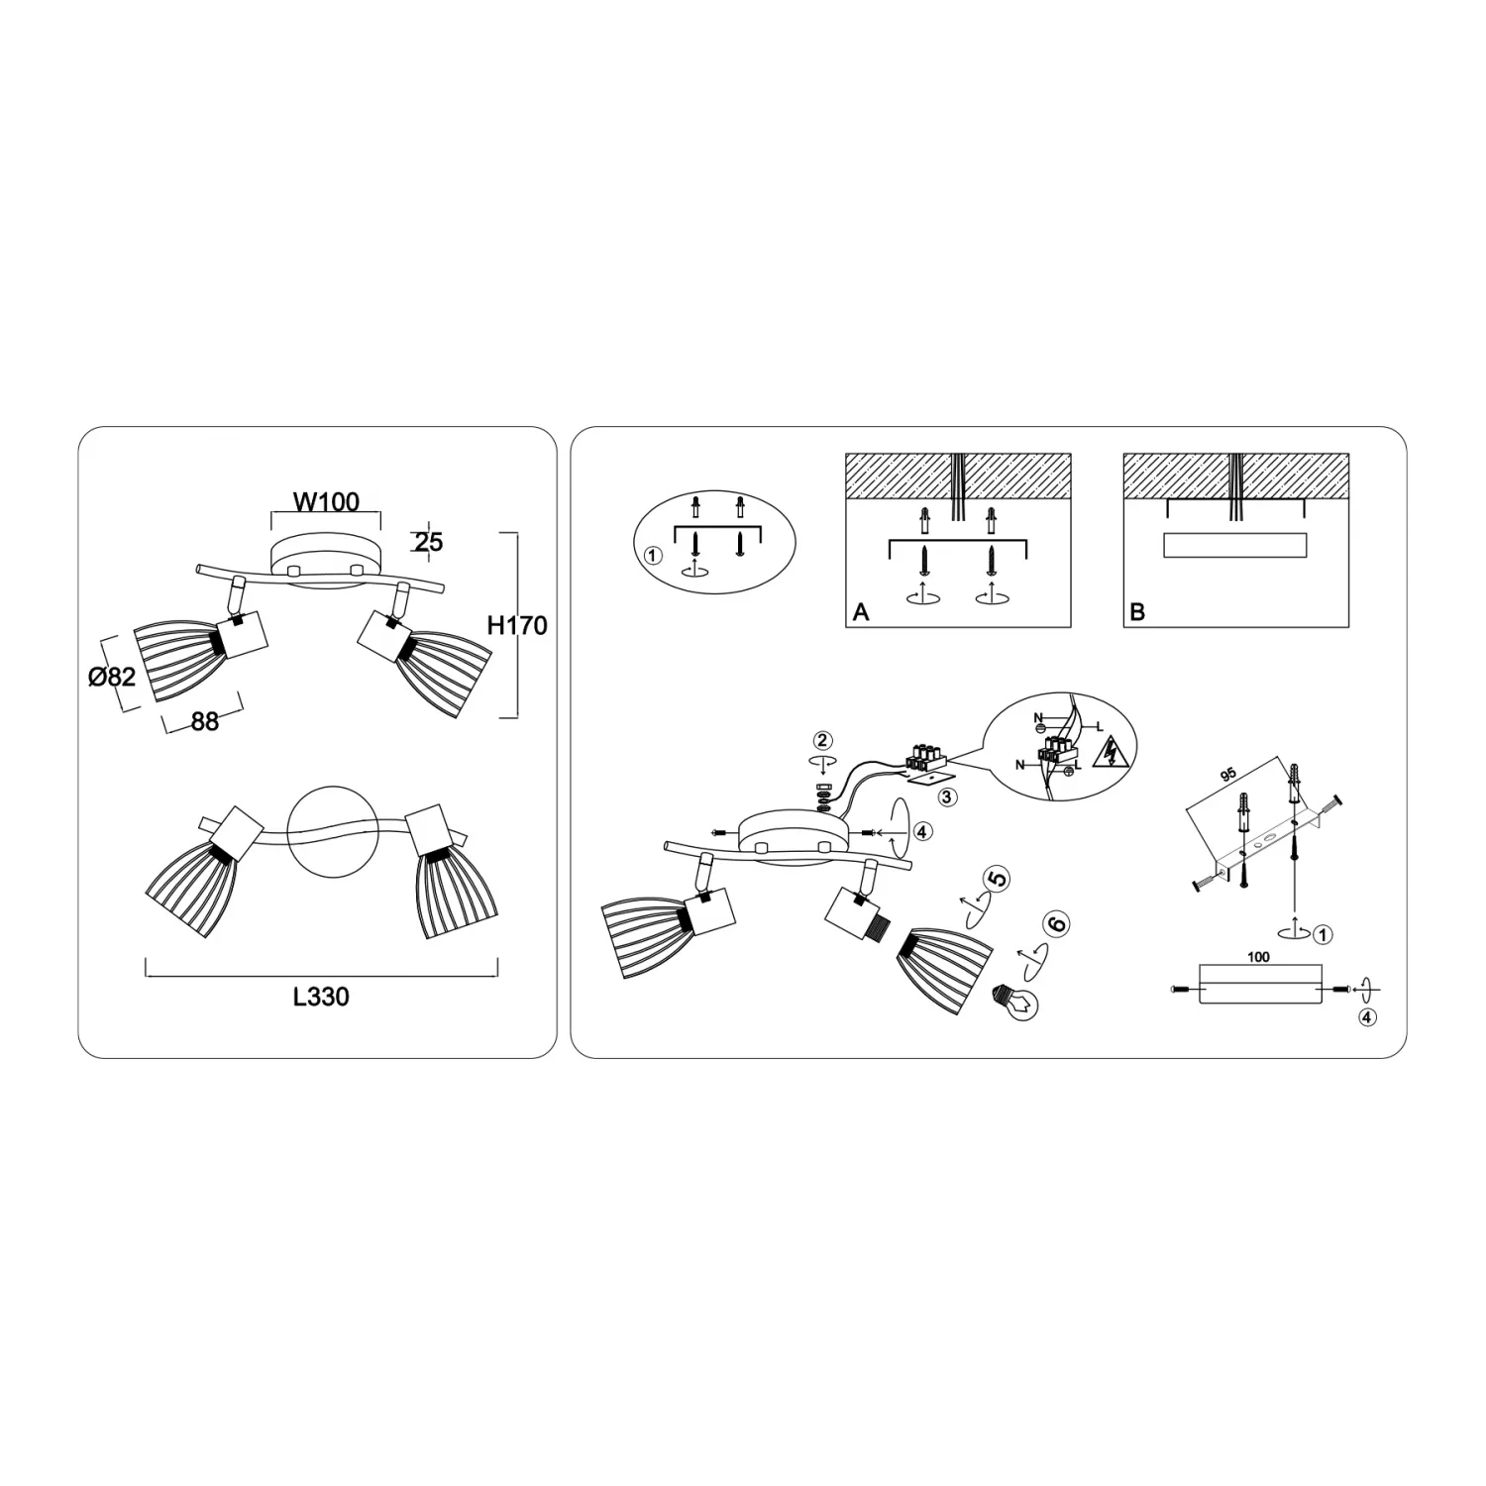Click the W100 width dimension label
[x=326, y=502]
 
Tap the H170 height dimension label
[x=517, y=626]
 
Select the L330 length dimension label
[x=321, y=997]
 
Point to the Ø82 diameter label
[x=111, y=678]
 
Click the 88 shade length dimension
[x=205, y=721]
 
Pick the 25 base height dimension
[x=429, y=543]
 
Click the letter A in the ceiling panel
[x=861, y=612]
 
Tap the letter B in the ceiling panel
[x=1137, y=612]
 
